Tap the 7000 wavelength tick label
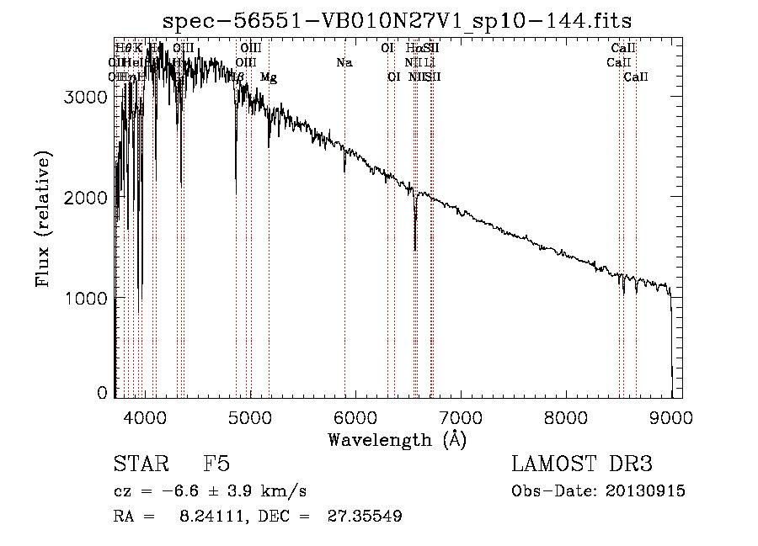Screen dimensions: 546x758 [x=461, y=416]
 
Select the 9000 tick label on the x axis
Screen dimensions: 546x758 [x=671, y=416]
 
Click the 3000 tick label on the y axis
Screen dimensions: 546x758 [x=85, y=97]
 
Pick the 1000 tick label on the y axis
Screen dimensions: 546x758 [x=85, y=299]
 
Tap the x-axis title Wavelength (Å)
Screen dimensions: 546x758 [x=397, y=439]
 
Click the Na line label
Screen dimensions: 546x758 [x=344, y=63]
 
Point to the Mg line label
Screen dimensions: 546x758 [x=268, y=77]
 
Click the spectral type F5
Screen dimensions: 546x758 [x=216, y=465]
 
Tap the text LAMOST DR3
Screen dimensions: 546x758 [x=582, y=465]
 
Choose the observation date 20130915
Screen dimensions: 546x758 [x=644, y=491]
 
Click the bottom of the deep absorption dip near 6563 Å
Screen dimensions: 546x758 [x=415, y=249]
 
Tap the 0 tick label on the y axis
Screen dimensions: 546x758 [x=103, y=393]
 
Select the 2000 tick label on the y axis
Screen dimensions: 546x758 [x=85, y=198]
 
